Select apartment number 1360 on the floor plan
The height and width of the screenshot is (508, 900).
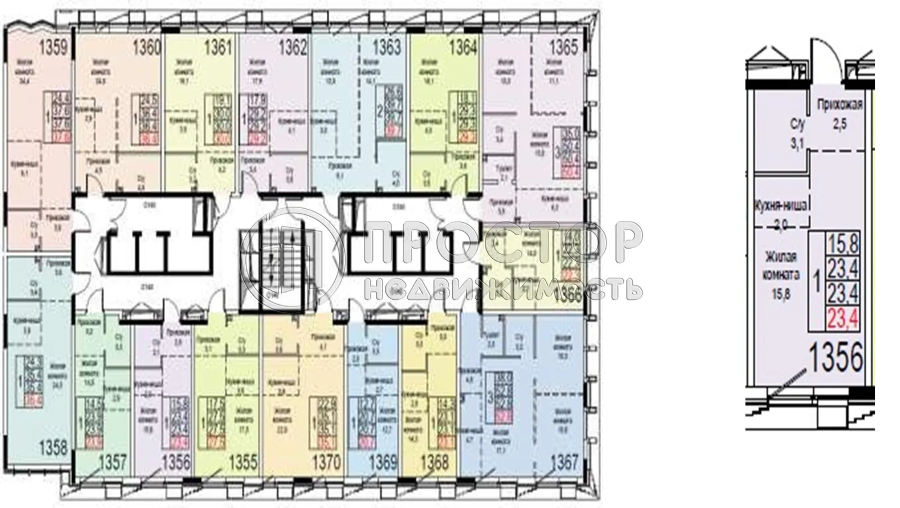coord(147,47)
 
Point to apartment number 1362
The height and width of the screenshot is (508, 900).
coord(294,47)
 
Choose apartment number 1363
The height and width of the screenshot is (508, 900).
coord(388,47)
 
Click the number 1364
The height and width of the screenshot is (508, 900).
coord(462,47)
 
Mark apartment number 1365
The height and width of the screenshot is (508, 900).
coord(564,47)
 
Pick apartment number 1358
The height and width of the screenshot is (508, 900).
coord(53,449)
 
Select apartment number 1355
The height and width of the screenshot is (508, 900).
coord(243,462)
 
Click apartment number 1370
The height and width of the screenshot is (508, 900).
coord(326,462)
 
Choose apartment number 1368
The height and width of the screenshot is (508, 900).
coord(435,462)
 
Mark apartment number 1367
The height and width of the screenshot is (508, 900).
coord(564,462)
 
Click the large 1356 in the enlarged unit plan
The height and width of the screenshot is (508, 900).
coord(835,357)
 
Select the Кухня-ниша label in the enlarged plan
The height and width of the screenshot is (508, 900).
coord(780,206)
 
